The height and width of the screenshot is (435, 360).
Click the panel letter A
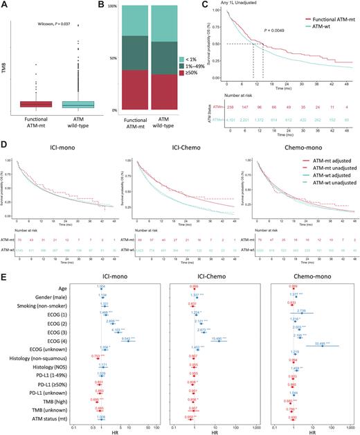(5, 6)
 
